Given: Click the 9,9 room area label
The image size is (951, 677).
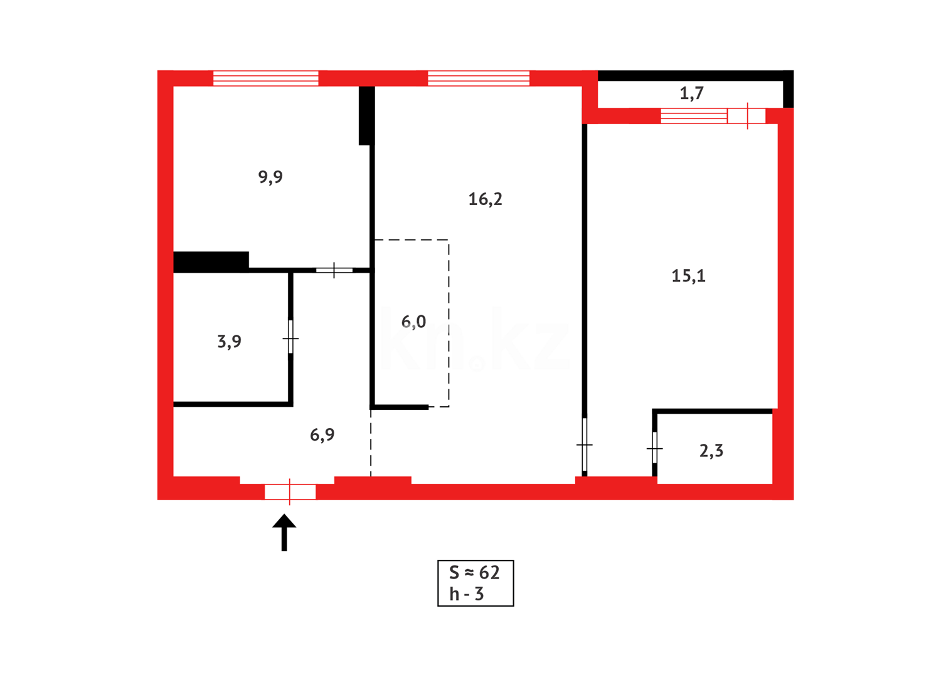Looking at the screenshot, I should point(270,177).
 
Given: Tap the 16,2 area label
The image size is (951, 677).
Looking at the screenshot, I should point(485,199).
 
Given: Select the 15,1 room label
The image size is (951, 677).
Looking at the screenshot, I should point(688,276).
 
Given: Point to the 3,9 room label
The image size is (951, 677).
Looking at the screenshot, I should point(229,342).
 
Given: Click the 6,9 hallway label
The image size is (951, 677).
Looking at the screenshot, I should point(322,434).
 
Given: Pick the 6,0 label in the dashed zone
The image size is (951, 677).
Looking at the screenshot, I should point(413,322).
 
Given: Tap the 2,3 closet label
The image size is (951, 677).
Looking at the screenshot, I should point(711,451).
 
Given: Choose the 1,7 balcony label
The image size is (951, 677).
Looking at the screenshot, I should point(691,93).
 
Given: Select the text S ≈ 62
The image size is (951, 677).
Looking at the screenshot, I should point(474,572).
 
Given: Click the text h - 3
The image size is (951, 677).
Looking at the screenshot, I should point(466,594).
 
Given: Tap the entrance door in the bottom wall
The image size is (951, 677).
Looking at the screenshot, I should point(290,492).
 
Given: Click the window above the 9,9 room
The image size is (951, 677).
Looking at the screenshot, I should point(266,78).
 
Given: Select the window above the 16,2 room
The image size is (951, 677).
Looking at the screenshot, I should point(479,78).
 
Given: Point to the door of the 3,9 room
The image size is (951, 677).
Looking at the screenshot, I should point(290,338).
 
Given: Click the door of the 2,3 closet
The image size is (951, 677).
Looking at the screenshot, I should point(654,448).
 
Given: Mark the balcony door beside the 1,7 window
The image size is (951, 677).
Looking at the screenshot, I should point(746,116).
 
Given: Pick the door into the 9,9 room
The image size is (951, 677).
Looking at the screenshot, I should point(334,270).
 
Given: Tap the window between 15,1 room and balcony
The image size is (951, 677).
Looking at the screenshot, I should point(693,116).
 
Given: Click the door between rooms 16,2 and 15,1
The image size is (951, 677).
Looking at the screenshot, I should point(584,444).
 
